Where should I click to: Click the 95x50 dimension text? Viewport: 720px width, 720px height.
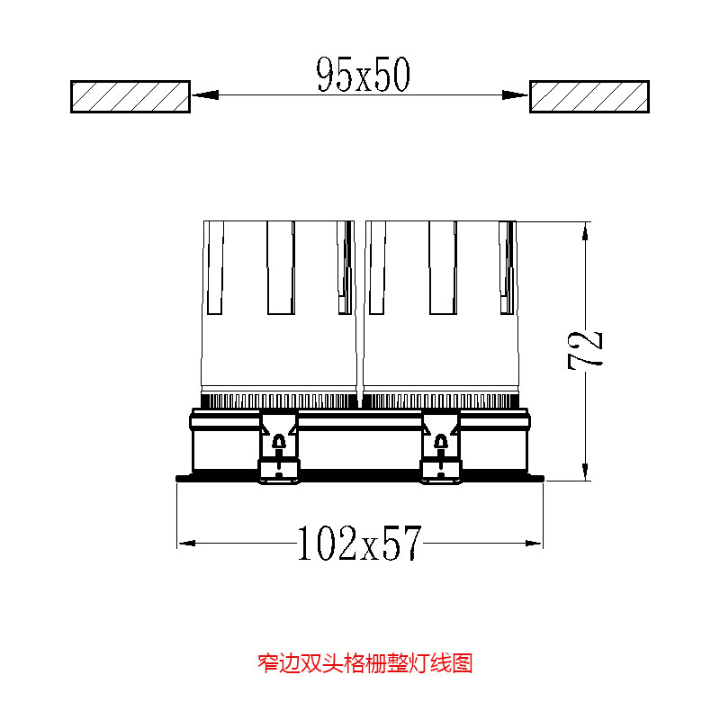363,76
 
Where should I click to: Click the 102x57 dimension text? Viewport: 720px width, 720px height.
360,543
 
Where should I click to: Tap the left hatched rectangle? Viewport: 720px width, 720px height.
130,96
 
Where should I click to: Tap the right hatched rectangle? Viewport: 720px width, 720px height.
589,96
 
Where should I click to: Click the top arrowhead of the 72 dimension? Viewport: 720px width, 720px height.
586,230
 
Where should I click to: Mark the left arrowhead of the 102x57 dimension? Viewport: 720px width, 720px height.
187,543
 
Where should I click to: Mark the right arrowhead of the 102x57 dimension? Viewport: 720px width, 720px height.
535,543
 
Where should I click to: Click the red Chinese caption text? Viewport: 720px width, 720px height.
364,664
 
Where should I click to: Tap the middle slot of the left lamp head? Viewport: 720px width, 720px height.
281,268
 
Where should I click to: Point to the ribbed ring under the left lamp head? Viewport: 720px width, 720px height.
279,400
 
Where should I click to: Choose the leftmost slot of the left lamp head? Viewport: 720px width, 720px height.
214,268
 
